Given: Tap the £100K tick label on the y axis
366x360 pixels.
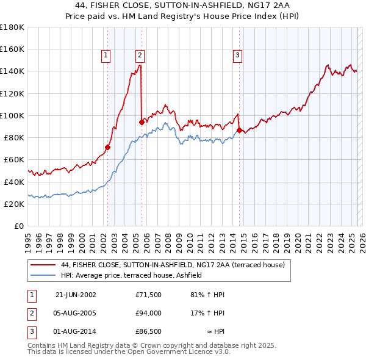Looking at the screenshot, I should (x=12, y=115).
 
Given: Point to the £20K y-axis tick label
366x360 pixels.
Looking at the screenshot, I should (x=14, y=204).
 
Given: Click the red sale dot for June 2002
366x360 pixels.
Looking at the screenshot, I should (x=108, y=147).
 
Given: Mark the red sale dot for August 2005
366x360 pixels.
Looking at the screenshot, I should (x=142, y=122).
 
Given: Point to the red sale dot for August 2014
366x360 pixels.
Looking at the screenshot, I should (x=239, y=130).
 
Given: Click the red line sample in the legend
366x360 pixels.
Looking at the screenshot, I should (x=43, y=265).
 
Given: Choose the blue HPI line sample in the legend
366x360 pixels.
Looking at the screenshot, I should (x=43, y=276).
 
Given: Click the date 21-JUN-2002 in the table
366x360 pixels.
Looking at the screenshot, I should (x=76, y=295).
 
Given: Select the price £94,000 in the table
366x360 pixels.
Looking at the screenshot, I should (x=148, y=314).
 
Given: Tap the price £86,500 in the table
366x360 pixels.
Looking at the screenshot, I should (x=148, y=333).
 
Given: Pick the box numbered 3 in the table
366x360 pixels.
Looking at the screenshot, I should (x=31, y=333).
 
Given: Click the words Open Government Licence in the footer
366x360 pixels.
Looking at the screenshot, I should (x=168, y=352).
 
